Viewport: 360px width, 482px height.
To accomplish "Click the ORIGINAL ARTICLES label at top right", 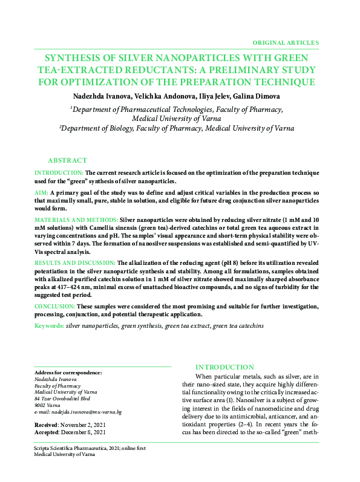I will [x=285, y=43].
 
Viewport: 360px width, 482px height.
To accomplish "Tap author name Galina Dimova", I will [x=258, y=96].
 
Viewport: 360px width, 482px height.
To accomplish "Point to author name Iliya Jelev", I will [x=212, y=96].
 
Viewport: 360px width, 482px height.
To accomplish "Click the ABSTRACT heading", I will [x=67, y=160].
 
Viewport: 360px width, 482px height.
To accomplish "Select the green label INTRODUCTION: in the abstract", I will [x=59, y=173].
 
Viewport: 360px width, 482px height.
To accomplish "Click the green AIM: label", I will [x=41, y=191].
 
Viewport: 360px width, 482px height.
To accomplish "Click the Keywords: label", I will [x=49, y=326].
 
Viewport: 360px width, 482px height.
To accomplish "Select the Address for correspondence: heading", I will [x=68, y=373].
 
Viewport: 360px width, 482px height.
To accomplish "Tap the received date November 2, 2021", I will [x=79, y=425].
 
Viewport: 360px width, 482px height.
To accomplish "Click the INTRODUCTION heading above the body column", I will [x=224, y=367].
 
